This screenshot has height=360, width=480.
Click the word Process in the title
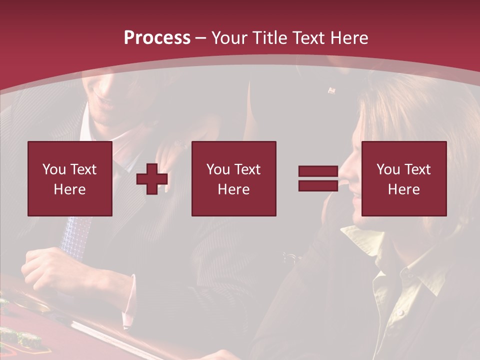coord(157,38)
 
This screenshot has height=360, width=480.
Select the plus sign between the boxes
coord(152,179)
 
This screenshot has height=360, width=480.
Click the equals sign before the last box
coord(318,178)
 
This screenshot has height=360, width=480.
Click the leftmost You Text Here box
coord(70,178)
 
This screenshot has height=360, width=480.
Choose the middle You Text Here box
coord(233,178)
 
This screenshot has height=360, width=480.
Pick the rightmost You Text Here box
coord(404,178)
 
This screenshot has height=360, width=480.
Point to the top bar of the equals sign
coord(318,171)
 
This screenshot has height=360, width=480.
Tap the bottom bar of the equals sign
coord(318,186)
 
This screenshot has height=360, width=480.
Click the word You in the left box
coord(53,169)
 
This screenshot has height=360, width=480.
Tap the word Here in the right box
coord(404,189)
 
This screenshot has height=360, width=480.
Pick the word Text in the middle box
coord(247,169)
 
